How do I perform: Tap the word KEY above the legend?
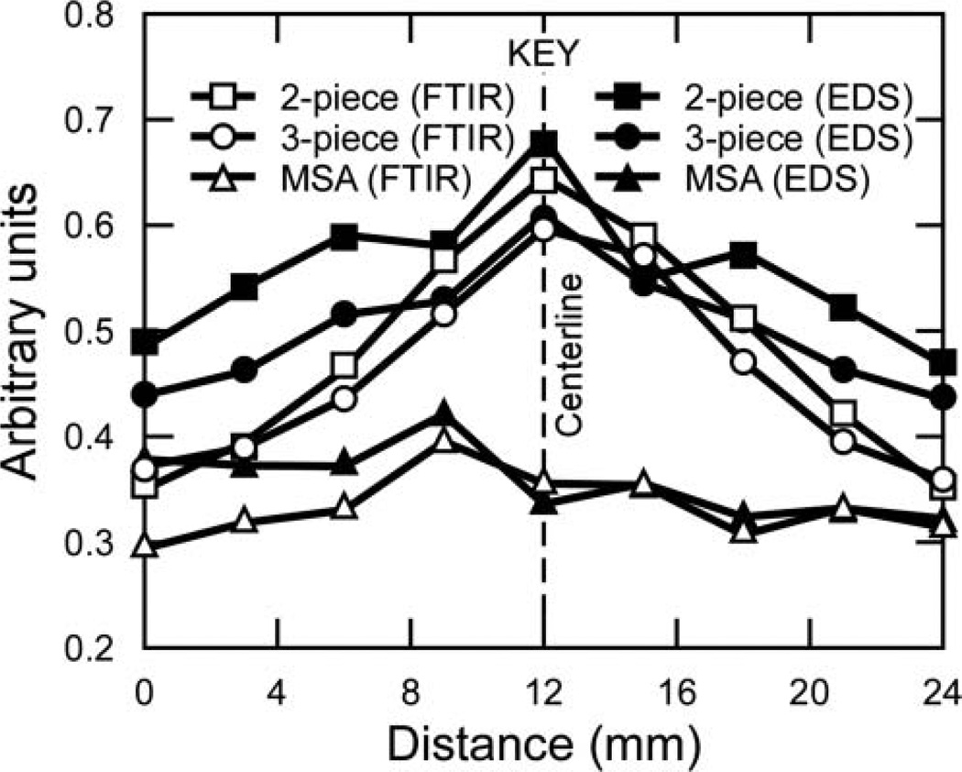[x=544, y=55]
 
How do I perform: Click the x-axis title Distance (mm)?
[x=543, y=743]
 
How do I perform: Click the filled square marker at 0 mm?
[x=145, y=342]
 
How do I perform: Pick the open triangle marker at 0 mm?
[x=145, y=546]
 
